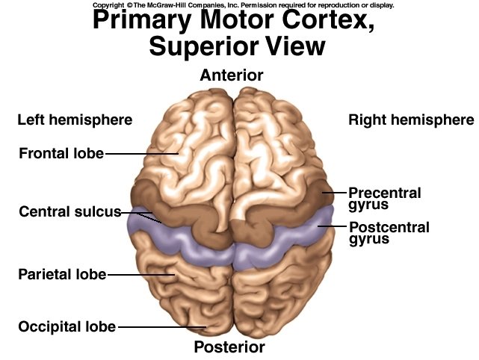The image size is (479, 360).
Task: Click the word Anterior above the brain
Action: (232, 75)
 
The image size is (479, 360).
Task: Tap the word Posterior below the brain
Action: (229, 347)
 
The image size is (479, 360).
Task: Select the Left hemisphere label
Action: (75, 120)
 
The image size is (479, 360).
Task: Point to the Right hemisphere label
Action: (411, 120)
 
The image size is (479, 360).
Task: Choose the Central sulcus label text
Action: (69, 211)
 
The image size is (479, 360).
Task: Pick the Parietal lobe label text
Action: (62, 274)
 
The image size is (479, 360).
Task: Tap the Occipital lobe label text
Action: (67, 326)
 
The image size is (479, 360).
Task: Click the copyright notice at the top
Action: (243, 4)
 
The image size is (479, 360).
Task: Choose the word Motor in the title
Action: (239, 22)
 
